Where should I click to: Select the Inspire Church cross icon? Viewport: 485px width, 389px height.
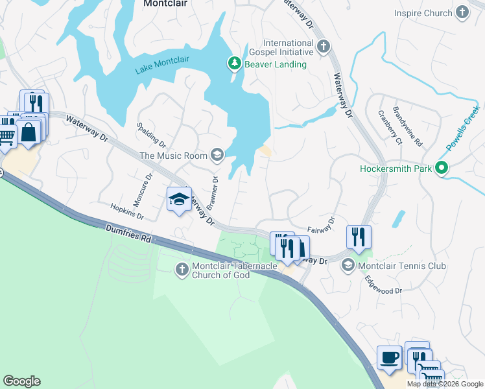pyautogui.click(x=462, y=12)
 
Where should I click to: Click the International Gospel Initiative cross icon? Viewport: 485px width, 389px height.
pyautogui.click(x=324, y=47)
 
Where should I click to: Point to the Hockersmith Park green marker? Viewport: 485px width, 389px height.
pyautogui.click(x=442, y=169)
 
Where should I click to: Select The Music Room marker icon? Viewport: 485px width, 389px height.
pyautogui.click(x=217, y=155)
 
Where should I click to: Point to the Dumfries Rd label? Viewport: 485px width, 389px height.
pyautogui.click(x=130, y=234)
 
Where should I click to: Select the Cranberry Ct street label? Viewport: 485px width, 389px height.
pyautogui.click(x=390, y=123)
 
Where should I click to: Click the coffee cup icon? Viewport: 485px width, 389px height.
pyautogui.click(x=389, y=357)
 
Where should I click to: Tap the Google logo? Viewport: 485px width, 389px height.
pyautogui.click(x=21, y=381)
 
